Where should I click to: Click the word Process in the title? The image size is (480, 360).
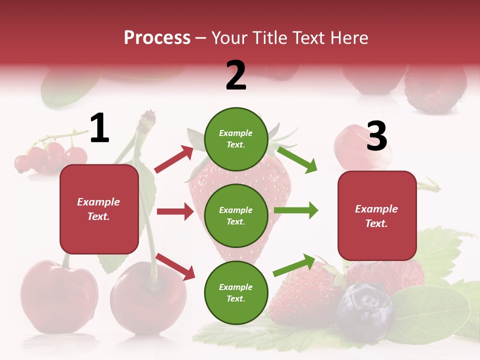click(157, 38)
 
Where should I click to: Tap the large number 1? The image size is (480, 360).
click(99, 128)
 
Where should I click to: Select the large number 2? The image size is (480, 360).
click(236, 75)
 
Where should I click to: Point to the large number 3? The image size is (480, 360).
click(376, 136)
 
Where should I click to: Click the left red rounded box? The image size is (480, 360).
click(99, 209)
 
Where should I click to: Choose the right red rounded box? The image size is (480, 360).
click(377, 215)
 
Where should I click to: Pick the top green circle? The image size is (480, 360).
click(236, 139)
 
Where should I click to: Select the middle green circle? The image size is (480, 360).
click(236, 215)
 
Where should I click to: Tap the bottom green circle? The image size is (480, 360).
click(236, 292)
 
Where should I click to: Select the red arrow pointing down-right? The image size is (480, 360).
click(175, 266)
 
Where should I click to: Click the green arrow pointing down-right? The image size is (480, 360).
click(297, 159)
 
